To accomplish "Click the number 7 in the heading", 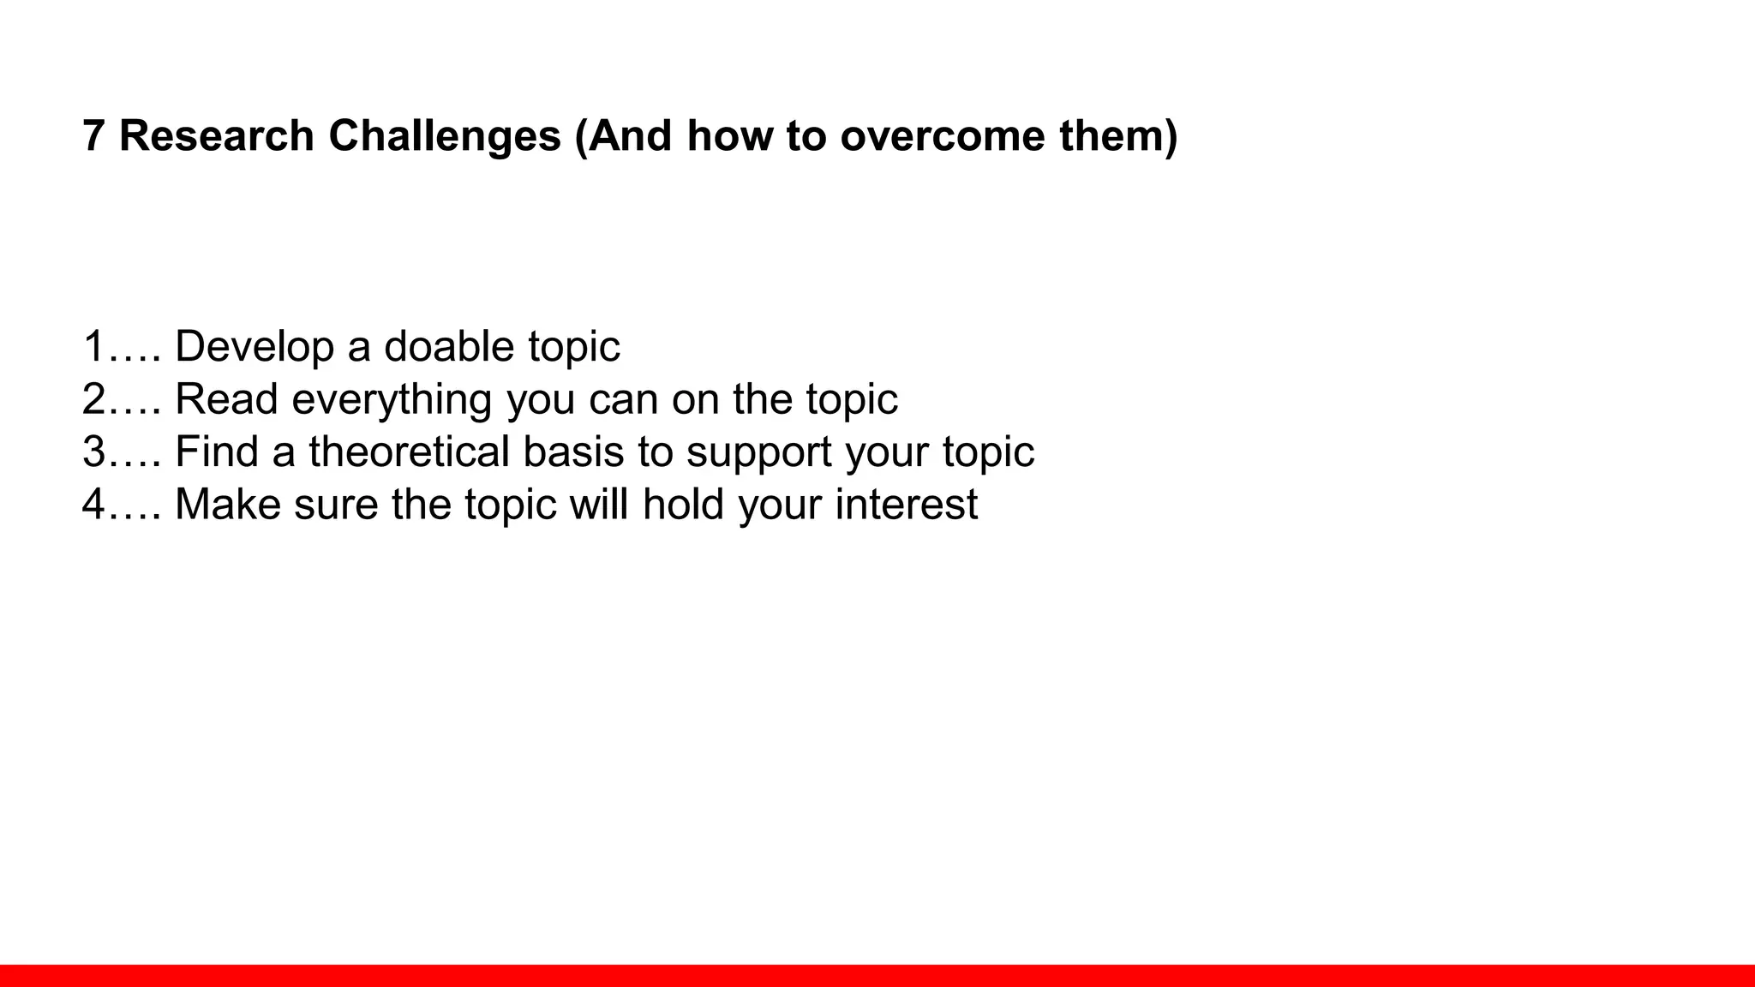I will point(93,136).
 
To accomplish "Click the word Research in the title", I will point(217,136).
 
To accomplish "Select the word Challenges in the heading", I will point(445,136).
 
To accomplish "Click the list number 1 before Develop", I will point(94,347).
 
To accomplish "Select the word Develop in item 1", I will point(254,347).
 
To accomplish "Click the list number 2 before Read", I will point(94,399).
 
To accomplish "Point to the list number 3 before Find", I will point(94,452).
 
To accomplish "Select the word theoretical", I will point(409,452).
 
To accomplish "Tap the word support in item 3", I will point(758,452).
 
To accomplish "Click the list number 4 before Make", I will point(94,504).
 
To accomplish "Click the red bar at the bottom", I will point(877,975).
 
